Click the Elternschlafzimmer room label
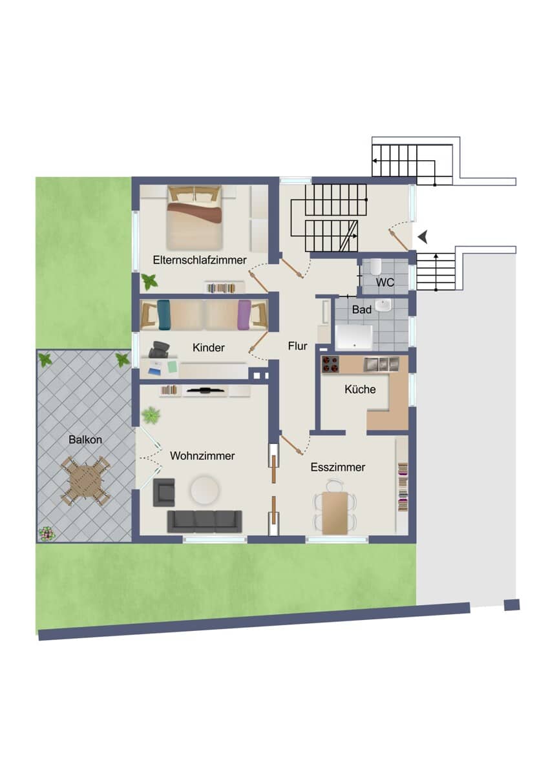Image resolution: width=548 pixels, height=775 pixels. click(200, 260)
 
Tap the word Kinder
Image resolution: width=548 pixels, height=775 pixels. click(208, 347)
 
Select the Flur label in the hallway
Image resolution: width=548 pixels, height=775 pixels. click(297, 346)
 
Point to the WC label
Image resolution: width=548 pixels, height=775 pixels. click(385, 282)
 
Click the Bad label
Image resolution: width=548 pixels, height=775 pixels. click(361, 309)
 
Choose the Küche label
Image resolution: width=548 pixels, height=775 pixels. click(360, 389)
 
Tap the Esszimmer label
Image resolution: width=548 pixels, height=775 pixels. click(337, 467)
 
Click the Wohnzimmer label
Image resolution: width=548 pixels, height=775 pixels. click(202, 456)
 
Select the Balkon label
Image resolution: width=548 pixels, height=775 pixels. click(85, 439)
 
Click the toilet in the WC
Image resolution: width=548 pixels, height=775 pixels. click(375, 265)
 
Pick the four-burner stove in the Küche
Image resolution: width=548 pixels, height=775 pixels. click(331, 365)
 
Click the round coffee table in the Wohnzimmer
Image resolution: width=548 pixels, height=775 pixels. click(205, 490)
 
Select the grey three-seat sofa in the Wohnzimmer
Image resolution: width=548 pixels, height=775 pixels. click(205, 522)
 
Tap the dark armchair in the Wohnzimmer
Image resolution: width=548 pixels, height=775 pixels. click(163, 493)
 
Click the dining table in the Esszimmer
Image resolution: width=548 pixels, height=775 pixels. click(335, 513)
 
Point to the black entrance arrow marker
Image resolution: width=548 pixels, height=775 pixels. click(423, 238)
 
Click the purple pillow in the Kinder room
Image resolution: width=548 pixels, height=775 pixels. click(244, 315)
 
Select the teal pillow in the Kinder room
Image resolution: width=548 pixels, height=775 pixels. click(163, 315)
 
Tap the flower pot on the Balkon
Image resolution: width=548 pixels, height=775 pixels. click(47, 533)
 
